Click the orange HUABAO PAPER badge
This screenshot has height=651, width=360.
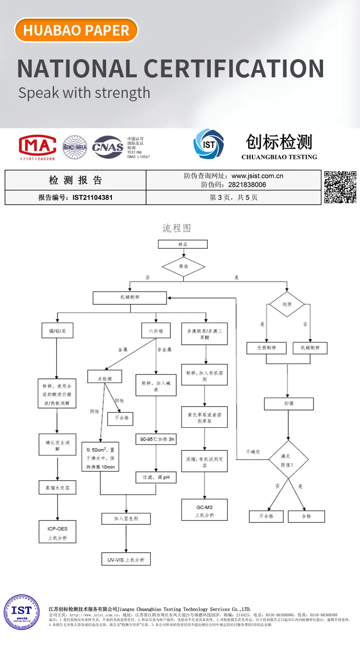(x=76, y=30)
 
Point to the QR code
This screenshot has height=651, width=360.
(x=340, y=187)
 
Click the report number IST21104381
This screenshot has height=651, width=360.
(x=93, y=197)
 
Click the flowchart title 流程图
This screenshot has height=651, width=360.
(x=177, y=228)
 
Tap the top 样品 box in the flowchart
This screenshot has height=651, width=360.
(x=182, y=244)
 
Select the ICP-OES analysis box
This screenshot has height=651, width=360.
(x=58, y=533)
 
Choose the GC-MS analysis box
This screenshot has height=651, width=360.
(x=204, y=510)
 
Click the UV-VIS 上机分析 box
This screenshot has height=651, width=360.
(x=126, y=560)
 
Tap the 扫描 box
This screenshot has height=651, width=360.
(x=288, y=403)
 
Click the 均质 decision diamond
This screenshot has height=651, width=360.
(x=287, y=304)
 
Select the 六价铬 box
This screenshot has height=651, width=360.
(x=156, y=331)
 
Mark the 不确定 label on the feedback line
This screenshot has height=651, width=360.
(x=253, y=452)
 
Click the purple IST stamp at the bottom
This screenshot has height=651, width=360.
(x=22, y=612)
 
